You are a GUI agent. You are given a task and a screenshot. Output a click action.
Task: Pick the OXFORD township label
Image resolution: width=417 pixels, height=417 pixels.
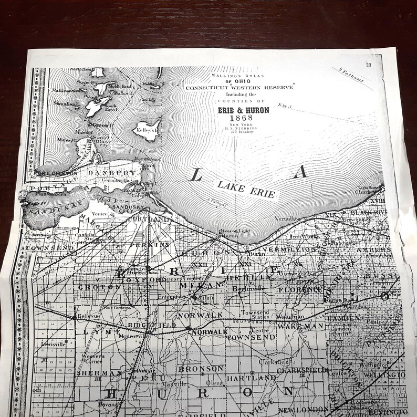[153, 280]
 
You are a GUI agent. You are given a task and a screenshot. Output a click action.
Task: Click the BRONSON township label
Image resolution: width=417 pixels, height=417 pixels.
[194, 369]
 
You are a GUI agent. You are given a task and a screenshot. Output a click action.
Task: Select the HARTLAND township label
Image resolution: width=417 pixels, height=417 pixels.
[251, 377]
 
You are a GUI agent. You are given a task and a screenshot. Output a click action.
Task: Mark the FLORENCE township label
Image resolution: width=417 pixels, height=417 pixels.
[299, 289]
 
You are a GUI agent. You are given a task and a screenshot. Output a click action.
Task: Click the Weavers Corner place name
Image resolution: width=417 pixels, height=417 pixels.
[93, 359]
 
